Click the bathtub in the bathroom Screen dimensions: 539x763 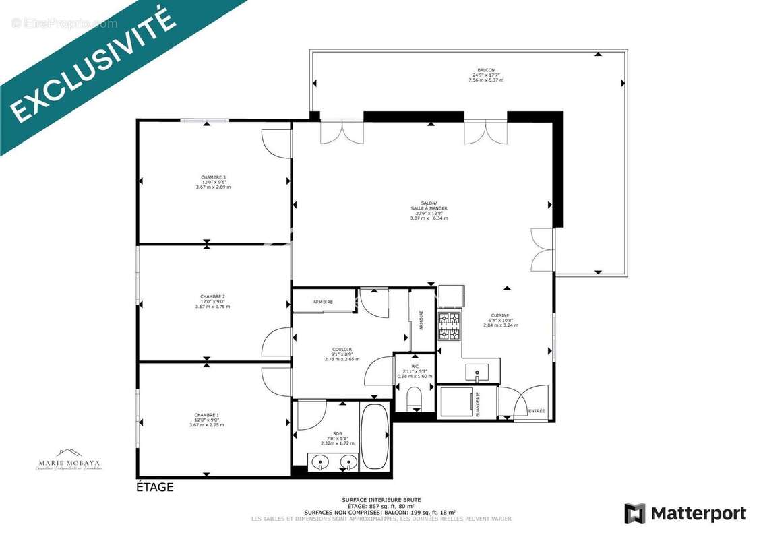(x=374, y=436)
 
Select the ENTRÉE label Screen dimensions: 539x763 (x=537, y=411)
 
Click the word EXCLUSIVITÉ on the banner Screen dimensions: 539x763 (x=94, y=67)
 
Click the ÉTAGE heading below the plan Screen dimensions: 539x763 (x=155, y=487)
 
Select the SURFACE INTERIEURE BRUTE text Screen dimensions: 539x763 (x=381, y=500)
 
